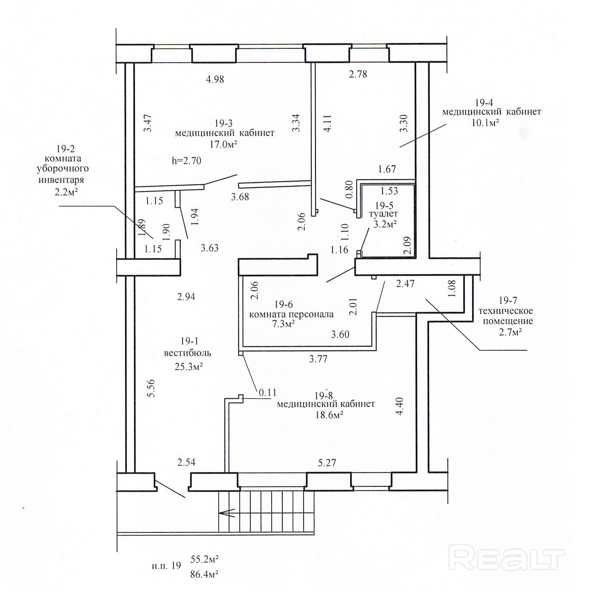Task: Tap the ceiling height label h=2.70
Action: point(186,161)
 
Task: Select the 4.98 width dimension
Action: point(215,80)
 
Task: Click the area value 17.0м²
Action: point(223,144)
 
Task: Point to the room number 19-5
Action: point(384,206)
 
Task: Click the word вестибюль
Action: point(188,353)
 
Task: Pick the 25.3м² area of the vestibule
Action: point(188,367)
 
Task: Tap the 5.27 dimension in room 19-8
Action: point(327,463)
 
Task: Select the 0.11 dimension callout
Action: point(267,393)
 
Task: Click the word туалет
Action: point(383,214)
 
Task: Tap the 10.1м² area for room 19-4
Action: point(485,123)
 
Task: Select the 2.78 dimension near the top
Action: point(358,74)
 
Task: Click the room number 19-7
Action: point(508,300)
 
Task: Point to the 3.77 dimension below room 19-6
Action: point(318,359)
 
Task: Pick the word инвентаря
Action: point(61,180)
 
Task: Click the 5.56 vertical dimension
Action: point(151,388)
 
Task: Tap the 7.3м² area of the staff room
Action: point(284,324)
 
